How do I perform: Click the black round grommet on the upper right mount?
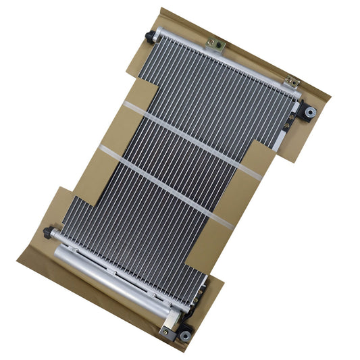point(311,111)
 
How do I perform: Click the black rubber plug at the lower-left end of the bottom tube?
point(48,232)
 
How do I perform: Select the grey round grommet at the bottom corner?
point(184,334)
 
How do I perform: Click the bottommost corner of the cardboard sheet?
point(182,351)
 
